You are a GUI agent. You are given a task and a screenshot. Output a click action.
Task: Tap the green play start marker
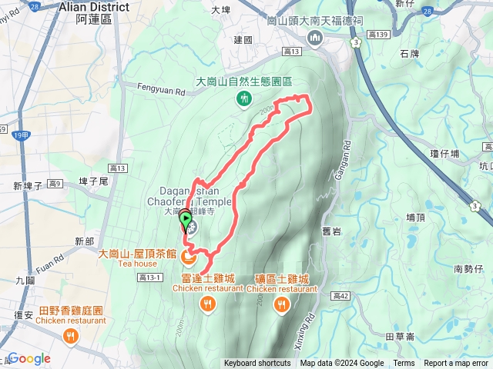[x=186, y=221]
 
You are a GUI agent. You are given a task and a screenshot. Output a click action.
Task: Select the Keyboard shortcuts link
[x=257, y=364]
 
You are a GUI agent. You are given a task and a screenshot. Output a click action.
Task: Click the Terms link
[x=404, y=364]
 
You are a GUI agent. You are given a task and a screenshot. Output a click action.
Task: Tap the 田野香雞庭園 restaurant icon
[x=71, y=336]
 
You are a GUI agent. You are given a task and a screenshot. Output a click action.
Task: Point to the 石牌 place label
[x=411, y=53]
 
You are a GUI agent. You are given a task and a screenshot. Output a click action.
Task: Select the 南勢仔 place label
[x=468, y=268]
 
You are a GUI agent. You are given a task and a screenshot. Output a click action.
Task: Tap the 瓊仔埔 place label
[x=444, y=154]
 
